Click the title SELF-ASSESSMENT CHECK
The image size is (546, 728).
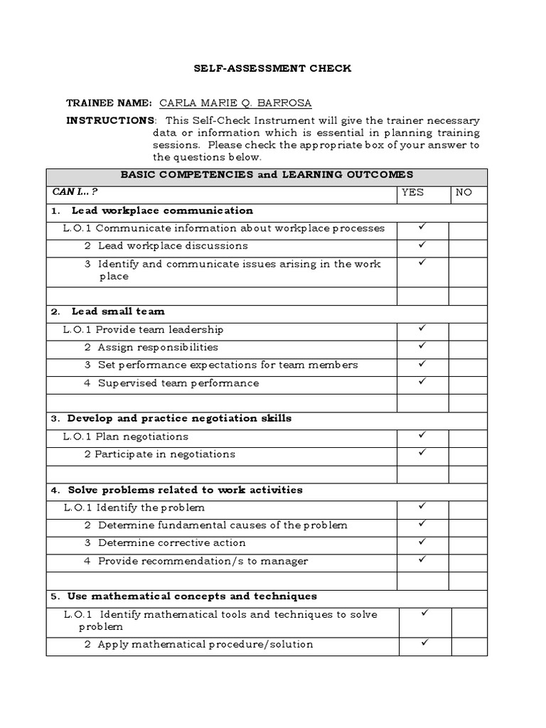click(273, 69)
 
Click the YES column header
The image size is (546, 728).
click(412, 192)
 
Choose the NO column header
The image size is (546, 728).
click(464, 192)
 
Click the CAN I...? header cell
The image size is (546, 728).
click(75, 192)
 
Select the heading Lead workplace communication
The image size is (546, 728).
click(161, 210)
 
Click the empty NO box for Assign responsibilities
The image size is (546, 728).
click(468, 348)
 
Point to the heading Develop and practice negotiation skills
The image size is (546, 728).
click(179, 418)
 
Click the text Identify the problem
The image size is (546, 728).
click(150, 508)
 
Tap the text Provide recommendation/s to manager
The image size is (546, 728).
click(203, 561)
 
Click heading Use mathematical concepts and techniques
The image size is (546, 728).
click(192, 596)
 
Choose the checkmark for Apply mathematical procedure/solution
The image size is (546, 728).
click(424, 643)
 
